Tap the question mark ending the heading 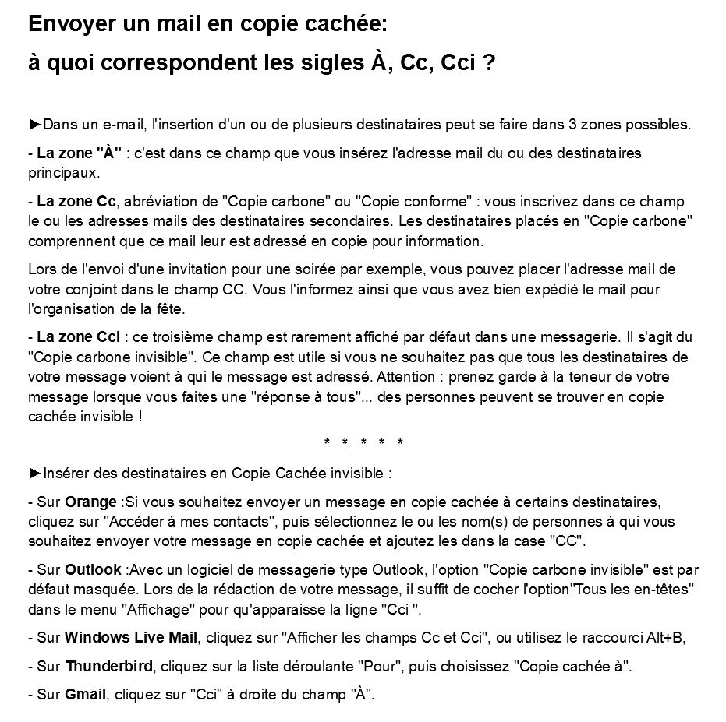tap(488, 63)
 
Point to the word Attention tap(402, 377)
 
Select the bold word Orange tap(90, 502)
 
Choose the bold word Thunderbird tap(111, 667)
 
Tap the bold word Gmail tap(85, 694)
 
